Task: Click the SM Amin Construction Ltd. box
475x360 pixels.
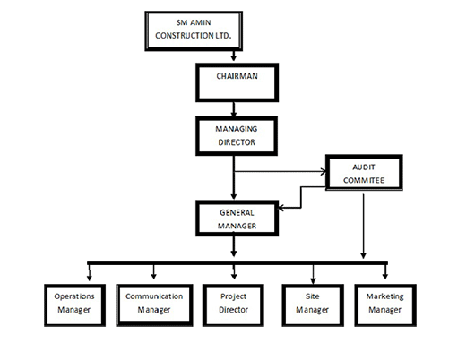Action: click(194, 30)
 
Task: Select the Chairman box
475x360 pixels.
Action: click(237, 82)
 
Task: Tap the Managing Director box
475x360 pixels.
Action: click(237, 136)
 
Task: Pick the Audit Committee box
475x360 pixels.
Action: click(364, 172)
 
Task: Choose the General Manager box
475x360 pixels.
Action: click(237, 218)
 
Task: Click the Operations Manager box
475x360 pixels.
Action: click(74, 304)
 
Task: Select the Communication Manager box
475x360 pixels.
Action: click(154, 304)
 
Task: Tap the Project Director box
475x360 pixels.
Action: click(233, 304)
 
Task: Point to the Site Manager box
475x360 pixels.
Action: click(313, 304)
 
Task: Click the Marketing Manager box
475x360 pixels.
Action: click(385, 304)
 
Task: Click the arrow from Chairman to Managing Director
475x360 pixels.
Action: click(234, 109)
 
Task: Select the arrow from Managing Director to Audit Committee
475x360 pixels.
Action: click(281, 172)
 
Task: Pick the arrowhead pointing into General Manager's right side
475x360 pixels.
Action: click(281, 208)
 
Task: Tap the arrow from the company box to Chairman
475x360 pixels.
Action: click(234, 56)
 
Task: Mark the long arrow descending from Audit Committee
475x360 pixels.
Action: click(364, 227)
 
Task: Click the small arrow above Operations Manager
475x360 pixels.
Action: click(90, 272)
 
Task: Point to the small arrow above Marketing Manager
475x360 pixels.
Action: click(385, 271)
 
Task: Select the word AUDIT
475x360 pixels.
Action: click(364, 167)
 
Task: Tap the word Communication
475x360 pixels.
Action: click(154, 296)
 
